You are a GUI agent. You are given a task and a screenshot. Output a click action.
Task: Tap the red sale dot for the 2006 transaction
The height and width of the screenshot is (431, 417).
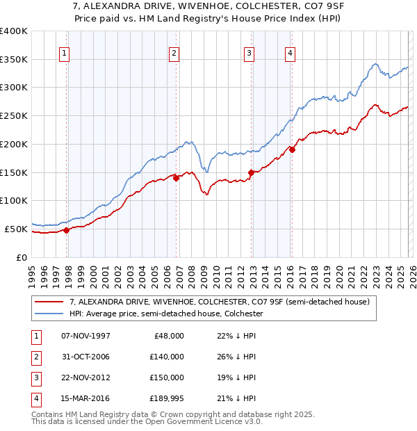click(x=177, y=178)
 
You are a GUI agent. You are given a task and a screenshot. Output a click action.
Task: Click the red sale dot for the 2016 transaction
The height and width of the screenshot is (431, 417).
click(x=292, y=149)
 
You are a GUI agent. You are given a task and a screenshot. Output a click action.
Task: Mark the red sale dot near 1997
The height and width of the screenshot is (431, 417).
click(x=67, y=230)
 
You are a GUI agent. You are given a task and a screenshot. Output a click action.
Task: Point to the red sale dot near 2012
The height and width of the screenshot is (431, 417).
click(x=251, y=172)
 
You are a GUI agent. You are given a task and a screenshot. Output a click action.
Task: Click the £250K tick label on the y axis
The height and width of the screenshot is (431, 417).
click(x=14, y=115)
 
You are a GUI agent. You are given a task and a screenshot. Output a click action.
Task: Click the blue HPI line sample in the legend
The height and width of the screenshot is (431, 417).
click(x=50, y=314)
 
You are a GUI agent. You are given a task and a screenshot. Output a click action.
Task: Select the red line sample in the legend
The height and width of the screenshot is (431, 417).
click(x=50, y=302)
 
